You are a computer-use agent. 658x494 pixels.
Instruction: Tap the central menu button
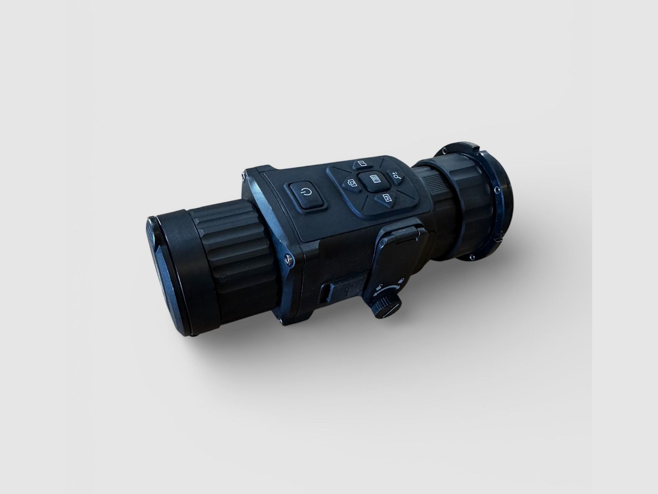coord(375,180)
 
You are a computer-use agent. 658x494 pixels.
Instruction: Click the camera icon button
coord(352,183)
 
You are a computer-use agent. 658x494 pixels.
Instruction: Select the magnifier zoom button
coord(396,176)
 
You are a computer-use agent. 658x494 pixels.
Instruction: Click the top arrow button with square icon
coord(362,164)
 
